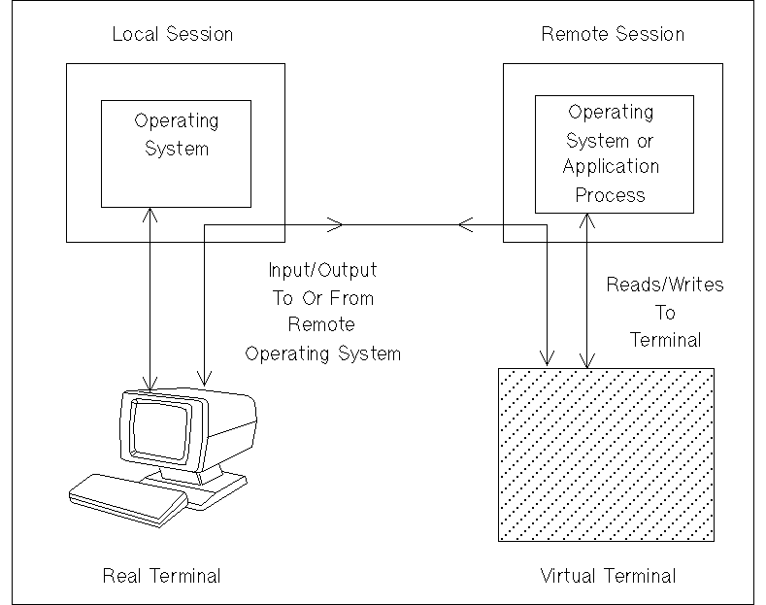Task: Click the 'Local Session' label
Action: click(173, 35)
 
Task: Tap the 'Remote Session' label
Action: click(612, 35)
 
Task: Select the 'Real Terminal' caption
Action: click(161, 576)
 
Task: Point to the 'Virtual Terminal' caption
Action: click(608, 576)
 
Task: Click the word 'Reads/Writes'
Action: click(664, 286)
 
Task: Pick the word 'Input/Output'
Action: click(322, 269)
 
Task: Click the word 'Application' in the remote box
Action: click(611, 166)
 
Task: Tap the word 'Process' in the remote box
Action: click(610, 194)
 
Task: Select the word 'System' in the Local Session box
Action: click(177, 149)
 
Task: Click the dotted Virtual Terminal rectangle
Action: click(605, 454)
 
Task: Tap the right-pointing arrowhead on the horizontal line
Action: click(337, 225)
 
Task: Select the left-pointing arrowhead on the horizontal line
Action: click(463, 225)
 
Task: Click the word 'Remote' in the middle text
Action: click(321, 325)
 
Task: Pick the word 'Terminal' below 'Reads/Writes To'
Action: click(665, 341)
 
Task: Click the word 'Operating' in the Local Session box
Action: click(177, 121)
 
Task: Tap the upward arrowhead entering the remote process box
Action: click(585, 218)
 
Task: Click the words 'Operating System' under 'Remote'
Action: click(322, 353)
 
